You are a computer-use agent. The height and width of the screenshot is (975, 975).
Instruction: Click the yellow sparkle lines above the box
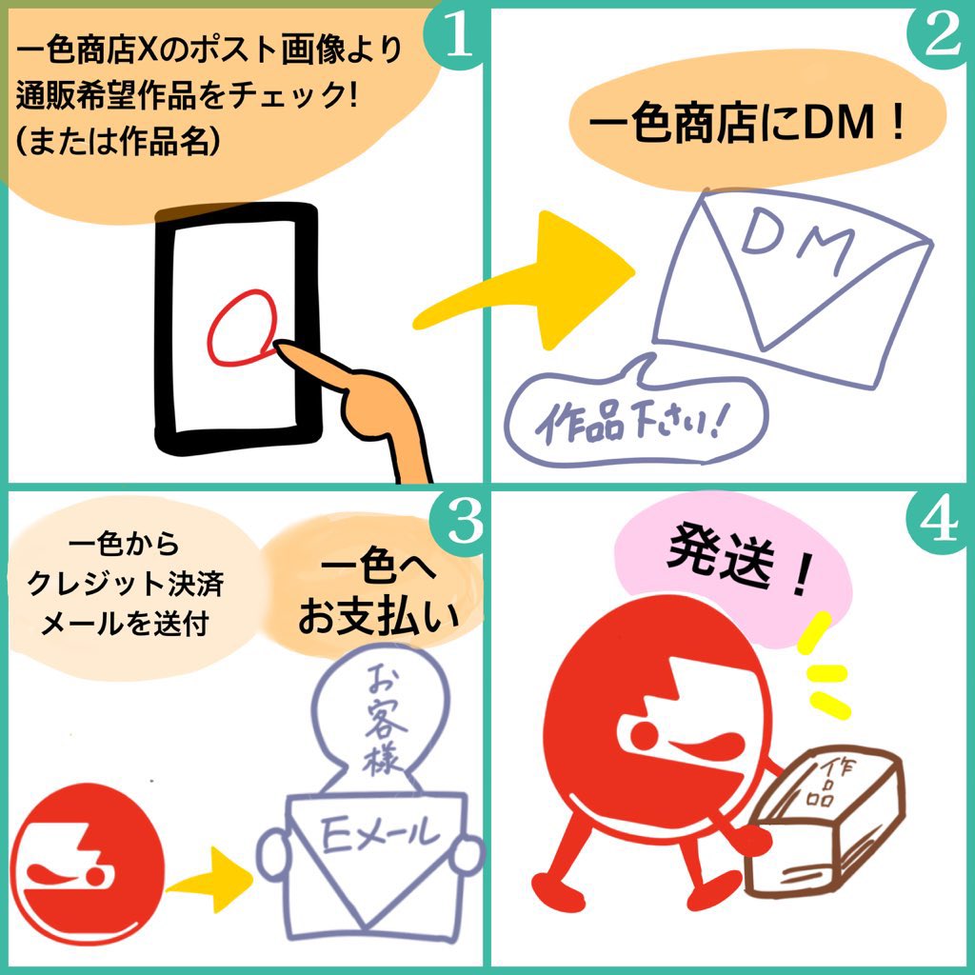click(x=824, y=671)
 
